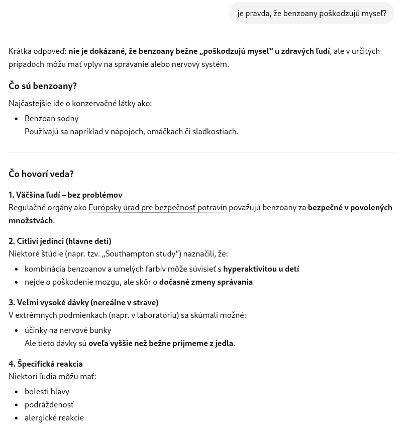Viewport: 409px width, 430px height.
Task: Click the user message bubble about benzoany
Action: coord(312,14)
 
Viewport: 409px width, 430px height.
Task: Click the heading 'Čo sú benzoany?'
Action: coord(43,86)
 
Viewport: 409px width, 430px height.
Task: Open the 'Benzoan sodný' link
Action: coord(51,119)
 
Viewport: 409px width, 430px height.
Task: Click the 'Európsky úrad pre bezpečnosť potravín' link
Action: coord(157,208)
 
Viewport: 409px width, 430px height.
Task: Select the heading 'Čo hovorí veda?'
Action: coord(41,174)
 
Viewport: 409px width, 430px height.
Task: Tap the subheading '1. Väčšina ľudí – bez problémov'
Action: coord(65,195)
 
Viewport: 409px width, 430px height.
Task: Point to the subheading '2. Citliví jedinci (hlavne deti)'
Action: coord(60,241)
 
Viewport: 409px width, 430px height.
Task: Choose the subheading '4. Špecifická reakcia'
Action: coord(46,364)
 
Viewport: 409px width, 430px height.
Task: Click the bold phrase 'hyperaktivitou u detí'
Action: coord(261,269)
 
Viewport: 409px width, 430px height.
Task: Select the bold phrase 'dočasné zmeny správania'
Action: coord(206,282)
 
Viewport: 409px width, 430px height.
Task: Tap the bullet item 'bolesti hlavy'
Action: coord(47,392)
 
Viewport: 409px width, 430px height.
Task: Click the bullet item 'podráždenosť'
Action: coord(49,405)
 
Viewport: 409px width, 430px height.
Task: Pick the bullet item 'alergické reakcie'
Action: coord(54,418)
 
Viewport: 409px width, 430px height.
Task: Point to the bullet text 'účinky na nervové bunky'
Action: coord(68,330)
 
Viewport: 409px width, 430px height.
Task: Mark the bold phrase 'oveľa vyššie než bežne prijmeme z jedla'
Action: coord(161,343)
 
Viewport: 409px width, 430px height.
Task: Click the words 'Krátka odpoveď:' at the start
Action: coord(38,51)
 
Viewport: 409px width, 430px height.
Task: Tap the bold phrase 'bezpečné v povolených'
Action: coord(350,208)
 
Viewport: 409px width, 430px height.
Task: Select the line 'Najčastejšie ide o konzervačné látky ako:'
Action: coord(80,104)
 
